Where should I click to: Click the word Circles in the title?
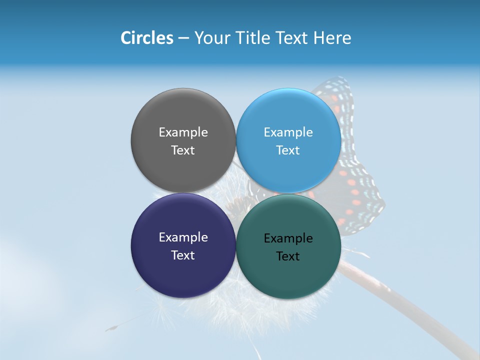(146, 38)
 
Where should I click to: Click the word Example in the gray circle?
(183, 132)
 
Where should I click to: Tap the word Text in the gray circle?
(183, 150)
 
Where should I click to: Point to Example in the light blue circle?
(288, 132)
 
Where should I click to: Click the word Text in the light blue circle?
(288, 150)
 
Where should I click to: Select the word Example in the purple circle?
(183, 237)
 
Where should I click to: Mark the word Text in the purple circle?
(183, 255)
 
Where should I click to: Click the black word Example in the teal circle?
(288, 238)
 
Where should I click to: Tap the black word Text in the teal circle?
(288, 256)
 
